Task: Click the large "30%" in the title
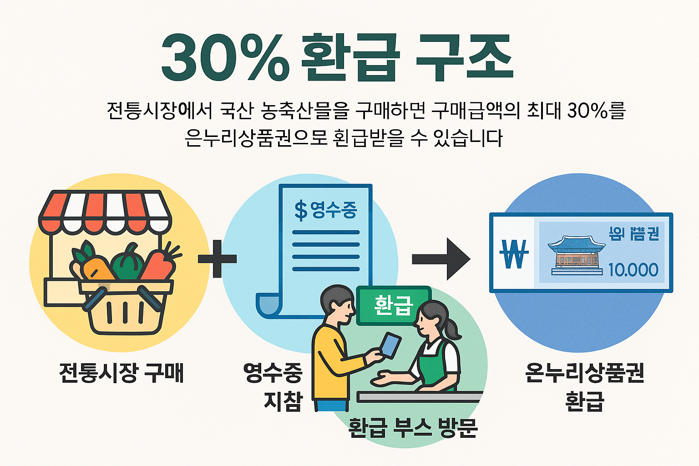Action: pyautogui.click(x=225, y=58)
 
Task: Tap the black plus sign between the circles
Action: pyautogui.click(x=217, y=258)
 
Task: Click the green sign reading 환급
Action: pyautogui.click(x=393, y=305)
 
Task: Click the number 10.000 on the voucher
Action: pyautogui.click(x=633, y=270)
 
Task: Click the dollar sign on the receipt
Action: pyautogui.click(x=301, y=211)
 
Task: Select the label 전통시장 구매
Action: pyautogui.click(x=121, y=373)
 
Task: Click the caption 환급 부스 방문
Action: pyautogui.click(x=413, y=428)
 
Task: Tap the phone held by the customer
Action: pyautogui.click(x=390, y=345)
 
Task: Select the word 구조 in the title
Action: pyautogui.click(x=464, y=58)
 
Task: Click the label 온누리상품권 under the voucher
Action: pyautogui.click(x=584, y=373)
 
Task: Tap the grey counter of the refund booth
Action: pyautogui.click(x=419, y=397)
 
